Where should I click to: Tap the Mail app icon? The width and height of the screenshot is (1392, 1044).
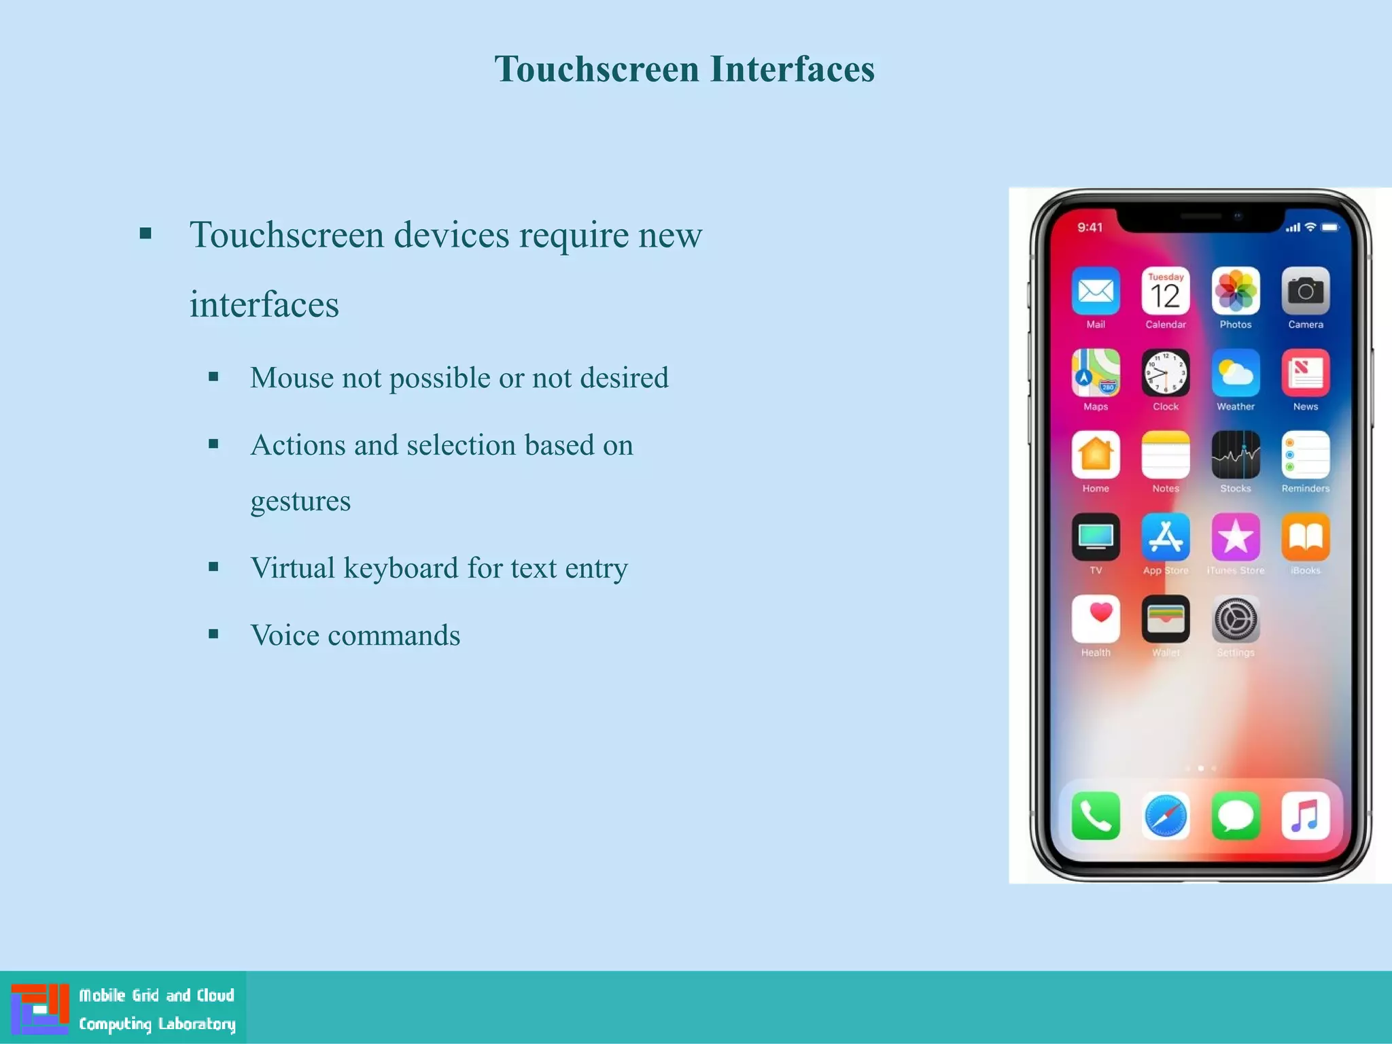coord(1096,292)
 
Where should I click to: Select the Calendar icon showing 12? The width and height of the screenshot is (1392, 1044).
coord(1166,292)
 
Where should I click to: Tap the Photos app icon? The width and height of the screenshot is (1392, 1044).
coord(1236,292)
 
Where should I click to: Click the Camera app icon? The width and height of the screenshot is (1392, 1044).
coord(1306,292)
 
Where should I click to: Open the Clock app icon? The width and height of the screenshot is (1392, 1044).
coord(1166,373)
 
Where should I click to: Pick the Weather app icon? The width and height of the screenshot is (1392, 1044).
coord(1236,373)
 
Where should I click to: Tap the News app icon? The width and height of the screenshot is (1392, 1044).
coord(1306,373)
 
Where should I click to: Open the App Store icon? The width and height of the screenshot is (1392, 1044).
coord(1166,537)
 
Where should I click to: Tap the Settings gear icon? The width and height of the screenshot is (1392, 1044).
coord(1236,619)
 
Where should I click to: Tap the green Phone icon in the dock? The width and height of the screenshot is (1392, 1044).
coord(1096,816)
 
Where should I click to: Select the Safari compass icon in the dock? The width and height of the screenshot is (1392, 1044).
coord(1166,816)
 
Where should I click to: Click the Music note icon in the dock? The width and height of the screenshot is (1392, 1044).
coord(1306,816)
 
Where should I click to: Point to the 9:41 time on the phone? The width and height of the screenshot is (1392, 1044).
coord(1090,228)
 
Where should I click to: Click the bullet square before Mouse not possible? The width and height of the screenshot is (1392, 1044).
coord(213,377)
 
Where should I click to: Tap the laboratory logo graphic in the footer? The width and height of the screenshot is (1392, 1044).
coord(40,1008)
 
